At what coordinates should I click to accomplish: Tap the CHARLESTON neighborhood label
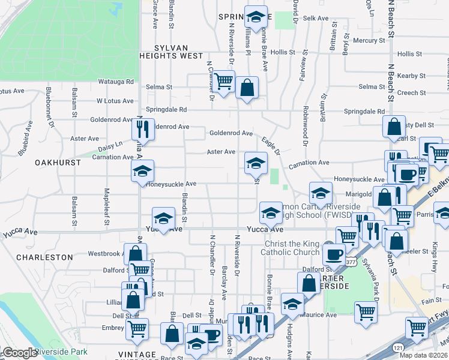click(44, 257)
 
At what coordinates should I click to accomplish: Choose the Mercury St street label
click(369, 41)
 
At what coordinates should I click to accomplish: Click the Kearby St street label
click(411, 76)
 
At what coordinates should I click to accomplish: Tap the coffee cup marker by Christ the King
click(333, 254)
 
